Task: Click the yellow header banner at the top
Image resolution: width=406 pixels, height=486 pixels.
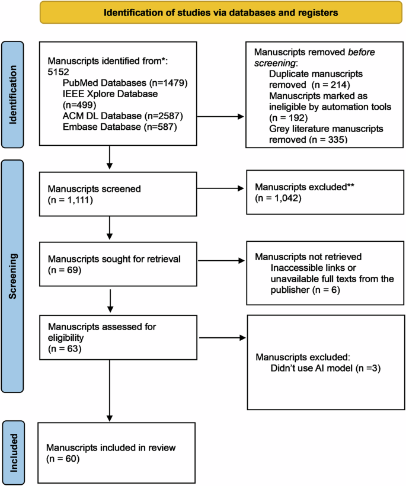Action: pyautogui.click(x=202, y=12)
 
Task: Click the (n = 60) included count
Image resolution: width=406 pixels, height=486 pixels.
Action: pyautogui.click(x=64, y=458)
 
